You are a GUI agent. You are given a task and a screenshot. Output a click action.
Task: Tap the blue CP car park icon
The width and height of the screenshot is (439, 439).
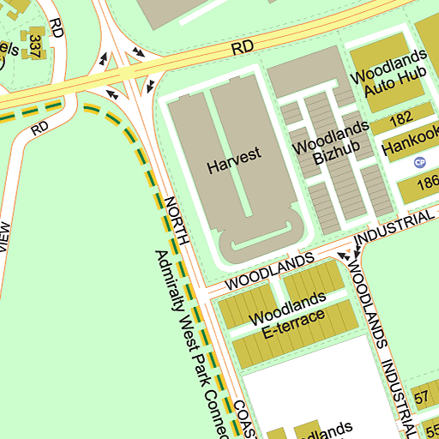419,162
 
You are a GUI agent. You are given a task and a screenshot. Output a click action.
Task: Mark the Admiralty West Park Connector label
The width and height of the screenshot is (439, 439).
190,343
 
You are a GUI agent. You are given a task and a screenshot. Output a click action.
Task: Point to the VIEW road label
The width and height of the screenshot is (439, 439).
4,238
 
